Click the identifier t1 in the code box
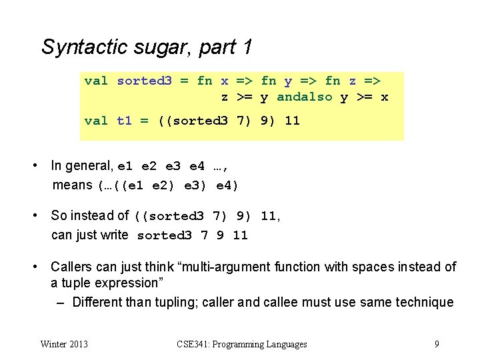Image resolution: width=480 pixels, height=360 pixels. [125, 121]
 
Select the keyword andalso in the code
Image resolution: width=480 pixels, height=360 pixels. [304, 97]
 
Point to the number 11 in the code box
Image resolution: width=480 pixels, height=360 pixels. [292, 121]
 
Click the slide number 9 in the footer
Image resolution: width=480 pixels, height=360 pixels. [437, 344]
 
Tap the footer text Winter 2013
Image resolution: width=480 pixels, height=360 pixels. [64, 344]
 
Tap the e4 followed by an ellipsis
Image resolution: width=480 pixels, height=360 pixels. [197, 165]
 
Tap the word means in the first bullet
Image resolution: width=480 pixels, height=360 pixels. [73, 185]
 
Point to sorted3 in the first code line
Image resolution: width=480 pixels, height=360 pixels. [144, 81]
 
